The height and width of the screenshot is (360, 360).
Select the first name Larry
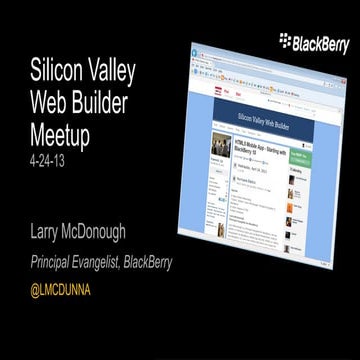tap(49, 234)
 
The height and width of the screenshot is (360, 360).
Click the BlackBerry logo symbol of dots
tap(286, 40)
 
